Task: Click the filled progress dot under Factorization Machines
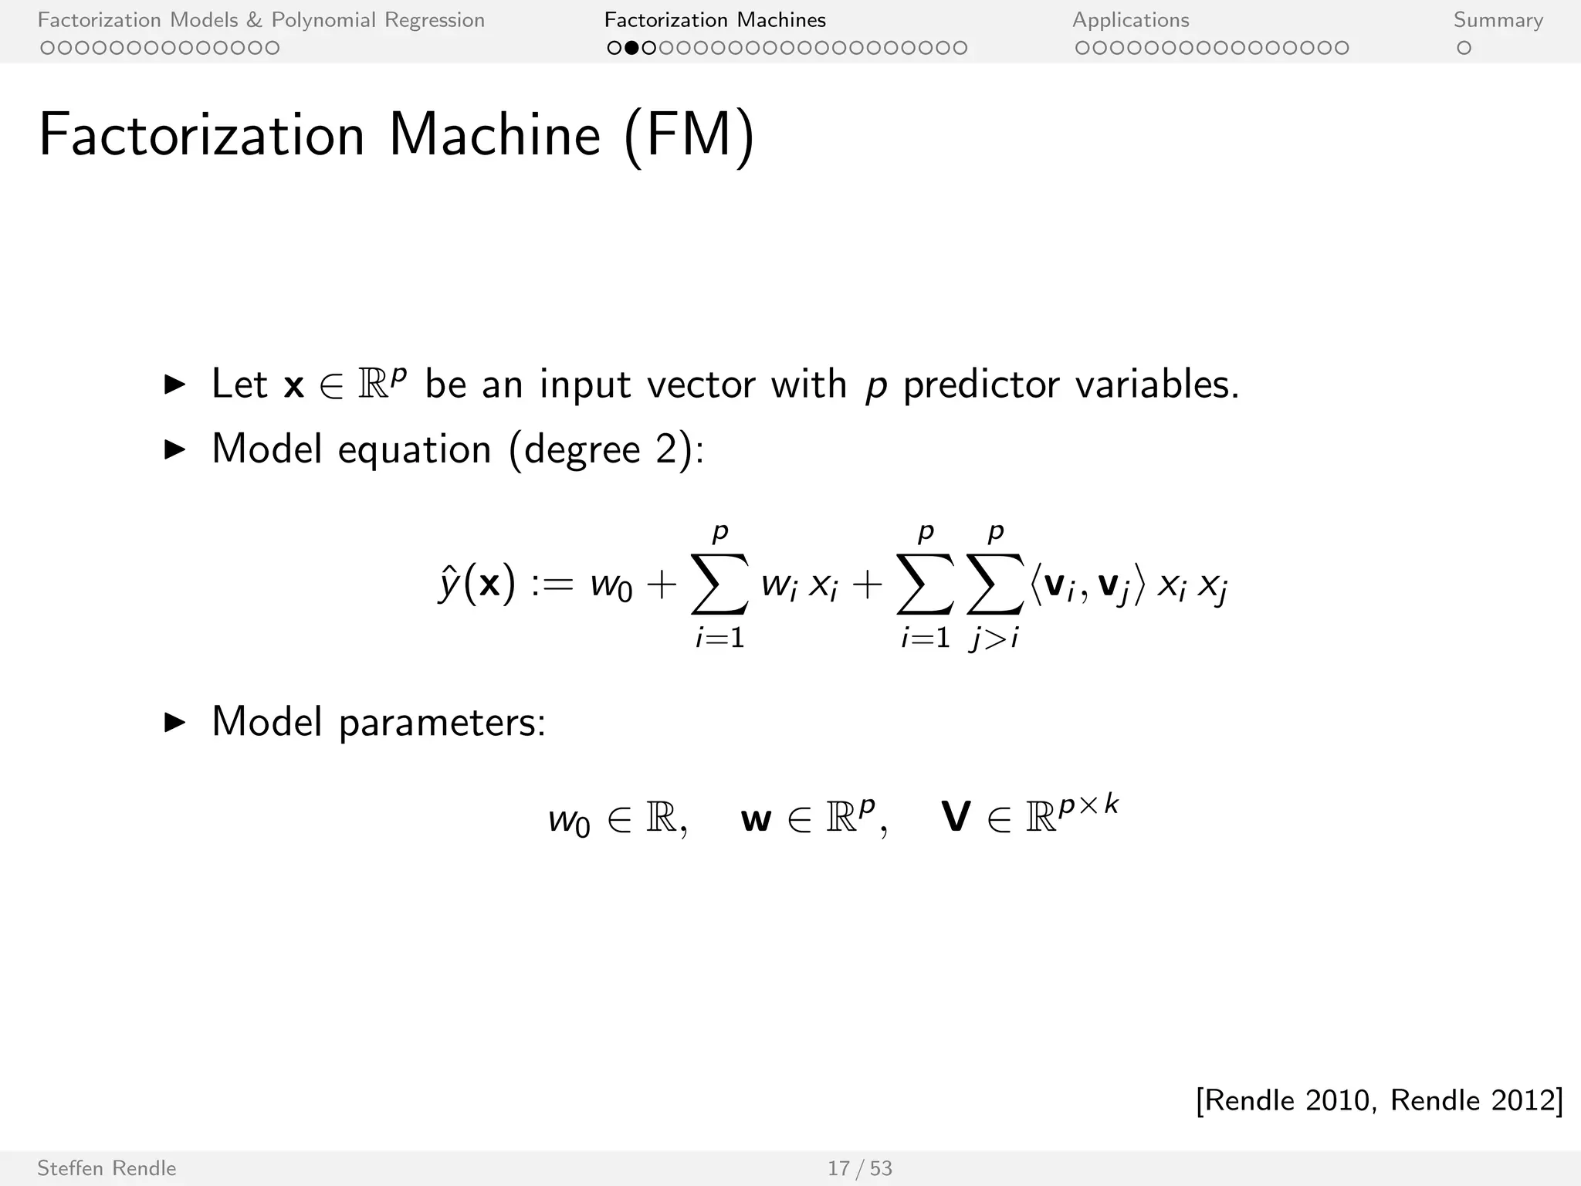[x=631, y=48]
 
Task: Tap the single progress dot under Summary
[x=1464, y=48]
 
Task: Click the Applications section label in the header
[x=1130, y=20]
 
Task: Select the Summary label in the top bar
[x=1498, y=20]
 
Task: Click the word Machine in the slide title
[x=494, y=135]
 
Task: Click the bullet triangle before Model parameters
[x=175, y=723]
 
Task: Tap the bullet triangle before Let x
[x=175, y=385]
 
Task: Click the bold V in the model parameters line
[x=956, y=817]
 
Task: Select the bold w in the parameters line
[x=756, y=818]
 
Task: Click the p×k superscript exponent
[x=1088, y=805]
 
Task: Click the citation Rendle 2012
[x=1474, y=1100]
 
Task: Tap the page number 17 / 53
[x=859, y=1168]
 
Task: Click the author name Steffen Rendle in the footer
[x=107, y=1168]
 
